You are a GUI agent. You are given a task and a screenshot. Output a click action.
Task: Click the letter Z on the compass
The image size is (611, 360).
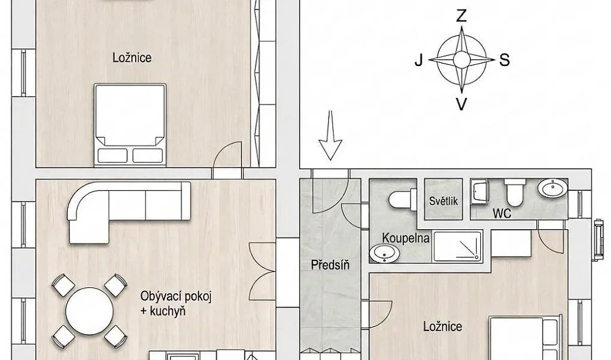(x=461, y=16)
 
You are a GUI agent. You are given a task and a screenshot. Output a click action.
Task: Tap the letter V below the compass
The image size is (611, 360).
(x=461, y=104)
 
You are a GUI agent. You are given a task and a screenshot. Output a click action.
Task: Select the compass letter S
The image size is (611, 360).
(x=504, y=60)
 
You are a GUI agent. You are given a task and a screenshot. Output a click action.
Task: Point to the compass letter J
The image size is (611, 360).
(x=419, y=61)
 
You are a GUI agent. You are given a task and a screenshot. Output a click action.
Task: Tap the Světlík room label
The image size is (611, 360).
(x=444, y=200)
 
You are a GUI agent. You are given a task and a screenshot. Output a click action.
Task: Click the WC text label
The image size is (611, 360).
(x=502, y=213)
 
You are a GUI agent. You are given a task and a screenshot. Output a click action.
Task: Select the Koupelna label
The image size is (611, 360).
(x=406, y=238)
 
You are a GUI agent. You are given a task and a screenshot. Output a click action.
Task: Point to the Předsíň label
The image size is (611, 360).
(x=330, y=265)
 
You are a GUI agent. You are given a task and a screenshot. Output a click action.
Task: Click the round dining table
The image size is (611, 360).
(x=90, y=311)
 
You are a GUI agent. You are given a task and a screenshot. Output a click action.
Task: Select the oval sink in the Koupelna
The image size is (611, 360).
(x=384, y=253)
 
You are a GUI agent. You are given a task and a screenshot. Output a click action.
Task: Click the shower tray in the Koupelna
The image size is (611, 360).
(x=458, y=246)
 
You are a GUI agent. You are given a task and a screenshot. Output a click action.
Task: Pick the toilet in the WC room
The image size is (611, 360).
(x=515, y=193)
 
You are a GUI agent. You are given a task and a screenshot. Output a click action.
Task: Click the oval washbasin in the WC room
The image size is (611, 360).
(x=552, y=188)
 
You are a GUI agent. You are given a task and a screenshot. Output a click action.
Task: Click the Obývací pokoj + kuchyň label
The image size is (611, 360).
(x=175, y=304)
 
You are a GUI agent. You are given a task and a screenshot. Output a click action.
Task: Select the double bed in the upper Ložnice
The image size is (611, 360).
(x=130, y=124)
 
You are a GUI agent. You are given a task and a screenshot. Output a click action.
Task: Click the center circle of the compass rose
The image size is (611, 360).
(x=462, y=60)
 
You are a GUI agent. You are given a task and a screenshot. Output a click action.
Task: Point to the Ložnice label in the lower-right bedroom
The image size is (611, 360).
(x=442, y=326)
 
